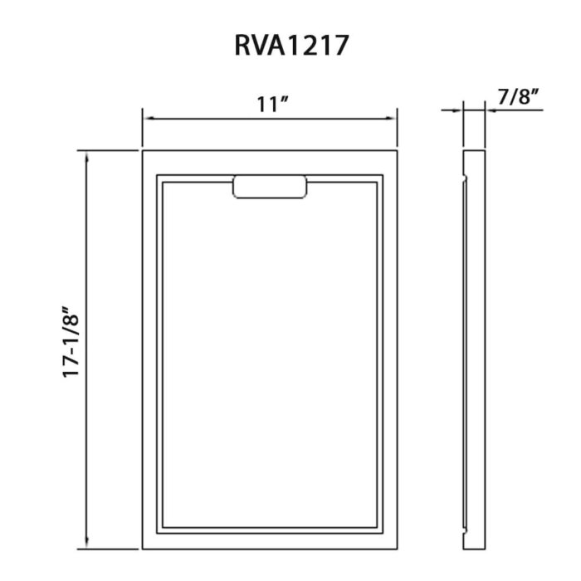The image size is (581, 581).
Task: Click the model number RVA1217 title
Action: click(290, 45)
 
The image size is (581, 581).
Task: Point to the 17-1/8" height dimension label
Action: click(74, 342)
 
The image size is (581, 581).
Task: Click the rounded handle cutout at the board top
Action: click(270, 187)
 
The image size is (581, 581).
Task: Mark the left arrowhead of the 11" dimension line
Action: click(147, 119)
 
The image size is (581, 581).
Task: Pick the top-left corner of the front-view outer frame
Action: click(143, 151)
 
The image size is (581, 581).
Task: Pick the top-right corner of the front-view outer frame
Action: click(398, 151)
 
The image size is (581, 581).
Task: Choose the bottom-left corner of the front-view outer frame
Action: click(143, 549)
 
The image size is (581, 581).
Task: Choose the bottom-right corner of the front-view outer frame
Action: click(398, 549)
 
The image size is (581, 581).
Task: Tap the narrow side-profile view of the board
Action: click(473, 349)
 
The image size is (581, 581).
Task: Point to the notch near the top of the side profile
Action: click(463, 177)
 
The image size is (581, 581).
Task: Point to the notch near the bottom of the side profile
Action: click(463, 525)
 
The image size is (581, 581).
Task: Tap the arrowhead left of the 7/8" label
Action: click(458, 109)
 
